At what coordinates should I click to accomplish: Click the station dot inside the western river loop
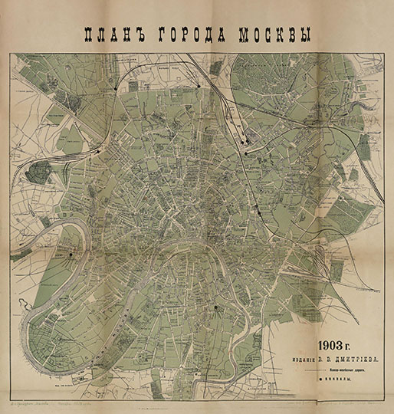coord(71,255)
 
